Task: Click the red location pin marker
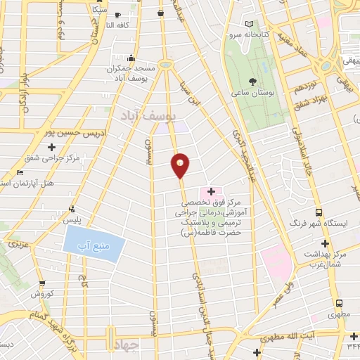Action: coord(181,165)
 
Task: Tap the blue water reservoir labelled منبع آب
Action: coord(94,243)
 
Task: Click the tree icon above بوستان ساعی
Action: coord(252,83)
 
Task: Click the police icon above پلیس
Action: coord(72,208)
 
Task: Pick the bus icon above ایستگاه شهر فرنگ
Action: coord(319,212)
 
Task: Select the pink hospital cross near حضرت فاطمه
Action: coord(210,191)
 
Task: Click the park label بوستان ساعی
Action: coord(255,95)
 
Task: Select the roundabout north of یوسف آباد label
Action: coord(166,64)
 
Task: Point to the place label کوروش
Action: coord(41,293)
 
